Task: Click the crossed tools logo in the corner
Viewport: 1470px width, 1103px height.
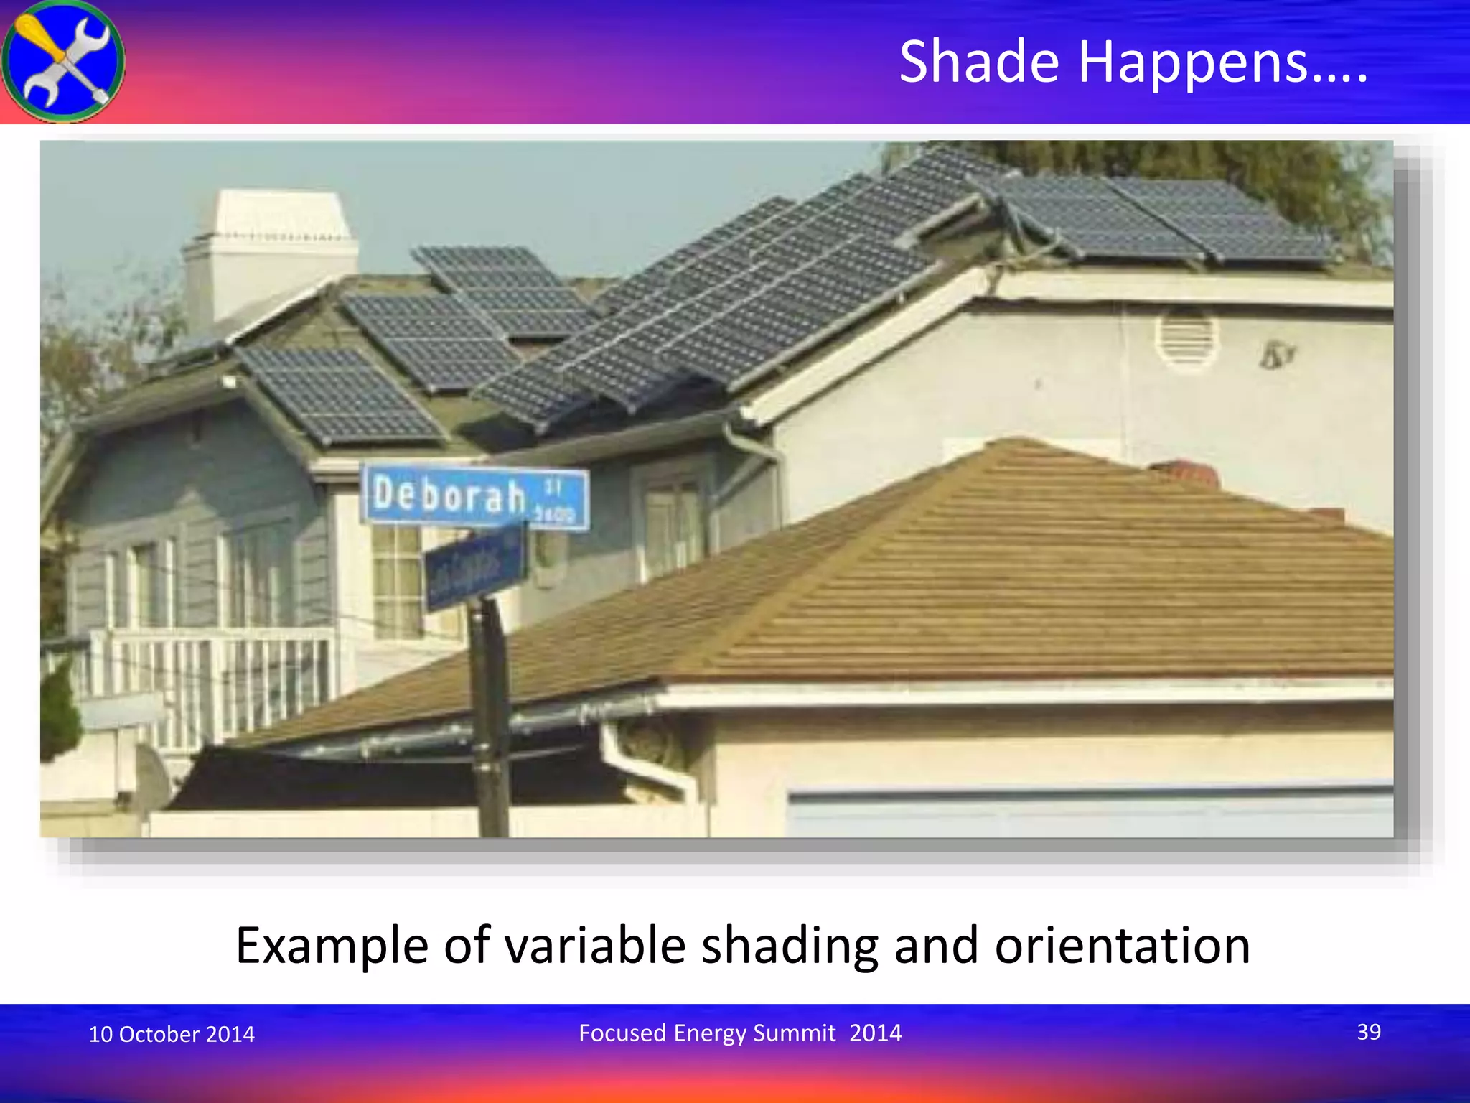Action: [63, 61]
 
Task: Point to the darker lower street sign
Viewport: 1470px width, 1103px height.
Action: [474, 567]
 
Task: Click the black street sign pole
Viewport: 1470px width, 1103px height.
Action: [490, 718]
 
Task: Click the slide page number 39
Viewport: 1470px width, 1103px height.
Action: [1368, 1032]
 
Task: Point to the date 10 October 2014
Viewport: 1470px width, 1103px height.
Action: [171, 1034]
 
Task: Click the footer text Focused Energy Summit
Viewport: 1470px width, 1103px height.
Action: [707, 1033]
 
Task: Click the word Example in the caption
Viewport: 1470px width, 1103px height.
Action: [332, 946]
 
